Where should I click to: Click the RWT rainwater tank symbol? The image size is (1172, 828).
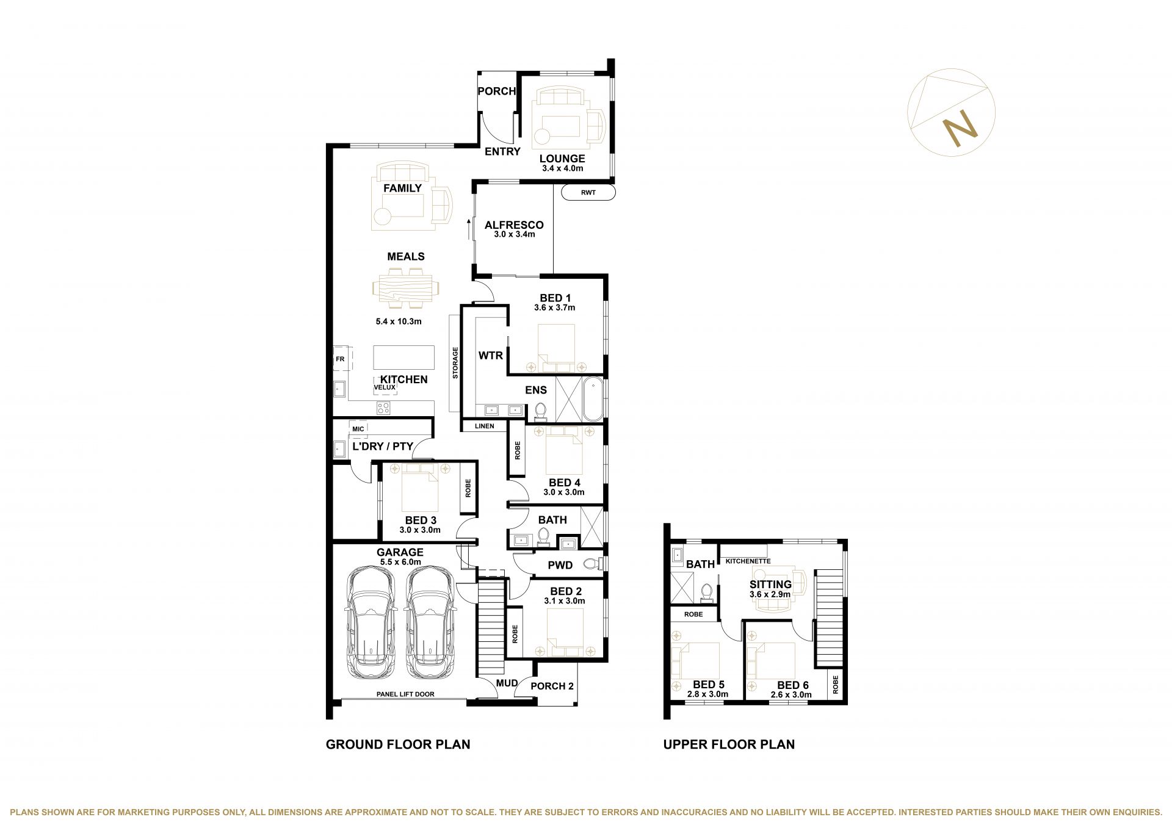pyautogui.click(x=588, y=193)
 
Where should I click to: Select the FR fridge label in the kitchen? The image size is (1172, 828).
pyautogui.click(x=340, y=359)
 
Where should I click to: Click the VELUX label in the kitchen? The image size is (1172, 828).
pyautogui.click(x=385, y=387)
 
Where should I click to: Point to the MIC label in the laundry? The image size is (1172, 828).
pyautogui.click(x=358, y=429)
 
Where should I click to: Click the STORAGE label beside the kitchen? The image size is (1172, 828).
pyautogui.click(x=455, y=363)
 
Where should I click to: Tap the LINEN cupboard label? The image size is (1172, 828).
pyautogui.click(x=485, y=426)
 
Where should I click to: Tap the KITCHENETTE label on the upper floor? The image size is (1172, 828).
pyautogui.click(x=748, y=561)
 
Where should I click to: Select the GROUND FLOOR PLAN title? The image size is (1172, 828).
pyautogui.click(x=398, y=744)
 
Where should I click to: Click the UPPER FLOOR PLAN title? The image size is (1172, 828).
pyautogui.click(x=729, y=744)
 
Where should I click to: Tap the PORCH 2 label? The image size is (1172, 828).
pyautogui.click(x=552, y=686)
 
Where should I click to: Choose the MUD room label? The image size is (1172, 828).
pyautogui.click(x=507, y=683)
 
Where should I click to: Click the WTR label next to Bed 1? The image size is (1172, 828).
pyautogui.click(x=491, y=355)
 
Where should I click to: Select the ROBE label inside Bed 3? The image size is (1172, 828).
pyautogui.click(x=468, y=489)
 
